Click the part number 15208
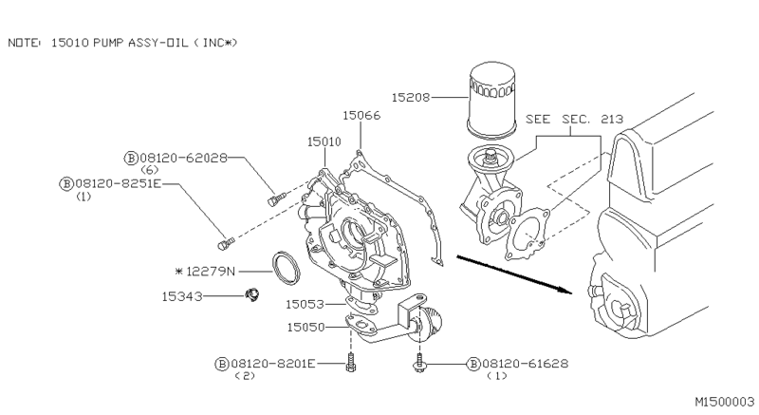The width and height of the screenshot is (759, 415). point(413,97)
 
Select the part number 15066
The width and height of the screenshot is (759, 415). point(361,116)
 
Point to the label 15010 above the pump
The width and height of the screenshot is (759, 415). point(324,141)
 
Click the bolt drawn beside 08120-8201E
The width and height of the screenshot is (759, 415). point(350,364)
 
